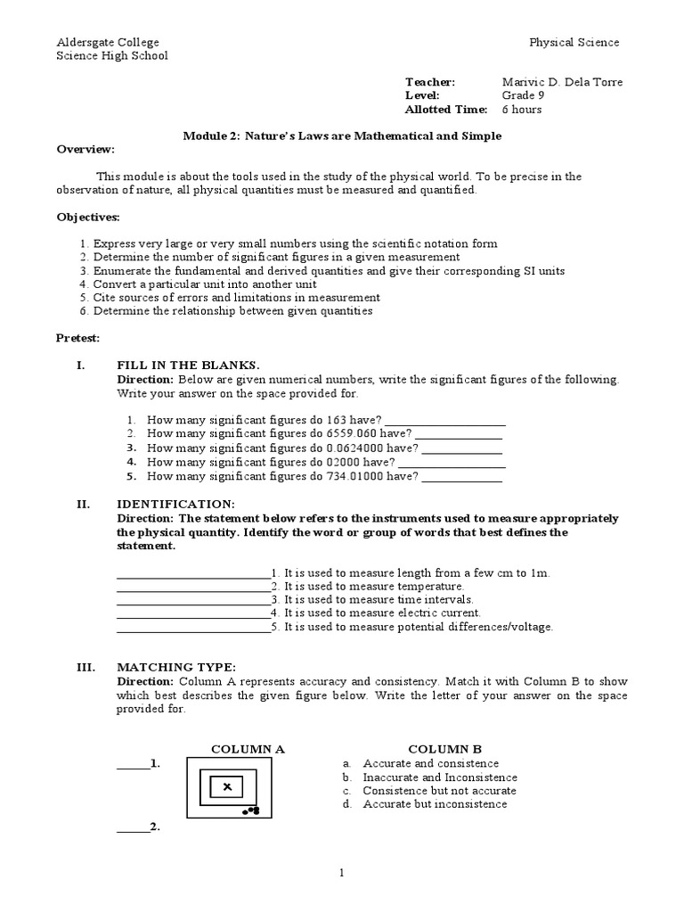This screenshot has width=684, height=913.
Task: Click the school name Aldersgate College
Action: (x=108, y=42)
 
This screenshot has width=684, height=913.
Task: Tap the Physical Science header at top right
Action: (x=574, y=42)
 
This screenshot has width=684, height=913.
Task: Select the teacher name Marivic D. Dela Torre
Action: (x=562, y=82)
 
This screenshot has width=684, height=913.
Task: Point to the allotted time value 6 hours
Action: (x=521, y=110)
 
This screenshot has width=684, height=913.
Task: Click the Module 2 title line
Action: (x=342, y=136)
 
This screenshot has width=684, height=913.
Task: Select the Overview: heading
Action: (x=86, y=149)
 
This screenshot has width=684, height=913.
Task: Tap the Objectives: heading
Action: (x=88, y=217)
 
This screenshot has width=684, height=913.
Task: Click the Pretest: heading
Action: (x=78, y=338)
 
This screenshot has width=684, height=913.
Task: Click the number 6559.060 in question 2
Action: (x=352, y=434)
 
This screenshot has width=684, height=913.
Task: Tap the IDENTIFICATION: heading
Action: (x=175, y=504)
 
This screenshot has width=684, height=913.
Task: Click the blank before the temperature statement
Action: (x=192, y=587)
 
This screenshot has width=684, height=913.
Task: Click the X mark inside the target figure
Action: (x=227, y=786)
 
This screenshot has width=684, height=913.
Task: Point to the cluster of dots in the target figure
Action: (x=251, y=811)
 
